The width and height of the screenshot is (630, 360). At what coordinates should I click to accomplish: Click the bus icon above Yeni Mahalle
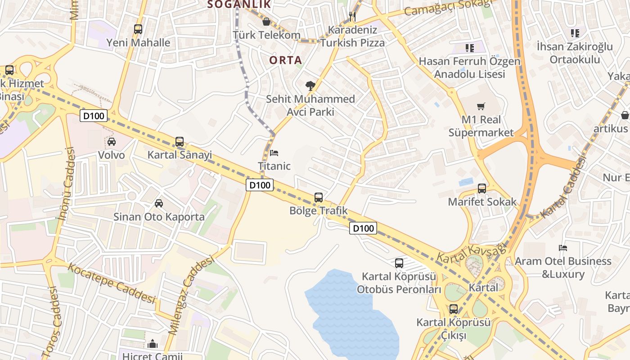[138, 29]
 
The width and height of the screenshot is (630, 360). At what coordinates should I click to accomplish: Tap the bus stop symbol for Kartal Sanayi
[180, 141]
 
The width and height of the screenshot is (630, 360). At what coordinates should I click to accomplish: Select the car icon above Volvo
[112, 142]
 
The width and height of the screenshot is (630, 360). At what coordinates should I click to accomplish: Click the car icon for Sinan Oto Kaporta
[159, 203]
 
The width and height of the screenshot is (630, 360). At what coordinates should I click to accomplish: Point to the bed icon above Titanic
[274, 153]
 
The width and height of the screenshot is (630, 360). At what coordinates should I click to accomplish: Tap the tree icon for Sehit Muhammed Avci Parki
[310, 85]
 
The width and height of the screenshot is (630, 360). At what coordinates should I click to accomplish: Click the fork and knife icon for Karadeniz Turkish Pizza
[352, 17]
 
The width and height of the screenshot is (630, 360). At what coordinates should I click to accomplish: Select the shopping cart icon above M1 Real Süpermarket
[481, 107]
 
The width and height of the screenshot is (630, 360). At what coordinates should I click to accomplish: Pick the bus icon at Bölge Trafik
[319, 197]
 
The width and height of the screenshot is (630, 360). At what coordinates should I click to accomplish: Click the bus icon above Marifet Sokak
[482, 189]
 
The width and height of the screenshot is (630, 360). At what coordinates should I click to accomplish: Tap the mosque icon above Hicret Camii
[153, 344]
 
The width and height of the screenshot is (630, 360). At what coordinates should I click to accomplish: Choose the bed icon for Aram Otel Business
[562, 248]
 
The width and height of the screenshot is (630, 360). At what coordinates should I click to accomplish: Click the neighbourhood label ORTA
[286, 60]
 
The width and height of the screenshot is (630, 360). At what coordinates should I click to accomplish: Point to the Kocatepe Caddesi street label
[111, 283]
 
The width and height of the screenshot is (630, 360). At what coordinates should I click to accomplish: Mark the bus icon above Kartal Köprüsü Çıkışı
[454, 309]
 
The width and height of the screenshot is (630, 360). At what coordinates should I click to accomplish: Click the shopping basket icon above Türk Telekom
[266, 22]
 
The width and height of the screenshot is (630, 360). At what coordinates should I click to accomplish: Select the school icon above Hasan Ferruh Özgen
[470, 48]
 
